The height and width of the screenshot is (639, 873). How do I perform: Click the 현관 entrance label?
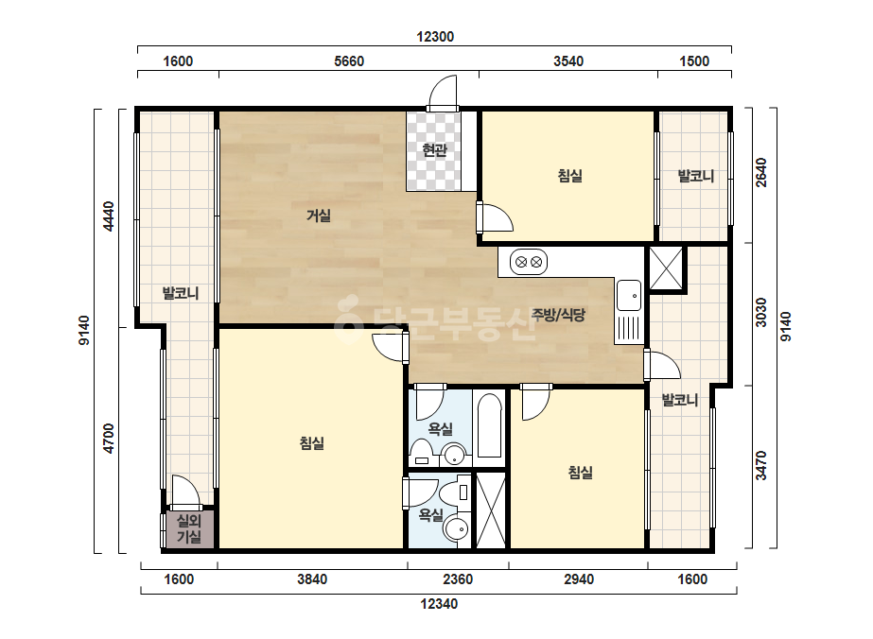pos(434,149)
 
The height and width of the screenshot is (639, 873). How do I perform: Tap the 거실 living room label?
pos(319,216)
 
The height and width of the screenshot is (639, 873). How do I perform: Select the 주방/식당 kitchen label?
pos(558,315)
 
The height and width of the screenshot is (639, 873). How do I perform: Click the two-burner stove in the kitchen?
pos(529,262)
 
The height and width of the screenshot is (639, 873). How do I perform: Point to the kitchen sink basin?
pos(629,296)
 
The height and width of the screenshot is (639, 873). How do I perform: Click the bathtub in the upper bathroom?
pos(489,425)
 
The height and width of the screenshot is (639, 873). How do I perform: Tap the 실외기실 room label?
pos(189,528)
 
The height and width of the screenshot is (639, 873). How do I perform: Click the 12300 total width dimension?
pos(435,37)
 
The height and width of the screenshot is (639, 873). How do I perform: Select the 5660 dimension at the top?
pos(349,61)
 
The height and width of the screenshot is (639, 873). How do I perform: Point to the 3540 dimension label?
pos(568,61)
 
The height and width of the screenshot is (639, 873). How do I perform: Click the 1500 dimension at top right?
pos(694,61)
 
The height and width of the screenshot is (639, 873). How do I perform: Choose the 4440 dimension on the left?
pos(109,216)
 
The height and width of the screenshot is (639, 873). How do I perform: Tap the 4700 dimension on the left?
pos(109,439)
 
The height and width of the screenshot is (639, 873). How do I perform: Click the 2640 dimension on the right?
pos(761,173)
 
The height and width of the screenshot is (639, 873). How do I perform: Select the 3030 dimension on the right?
pos(761,313)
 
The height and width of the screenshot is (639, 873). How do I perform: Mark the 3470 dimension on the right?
pos(761,465)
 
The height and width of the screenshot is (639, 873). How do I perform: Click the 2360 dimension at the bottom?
pos(458,579)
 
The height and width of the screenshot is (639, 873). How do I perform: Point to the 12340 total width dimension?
pos(439,604)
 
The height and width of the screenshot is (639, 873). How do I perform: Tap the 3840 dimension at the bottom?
pos(312,579)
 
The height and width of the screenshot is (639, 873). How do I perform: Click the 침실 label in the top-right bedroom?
pos(570,176)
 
